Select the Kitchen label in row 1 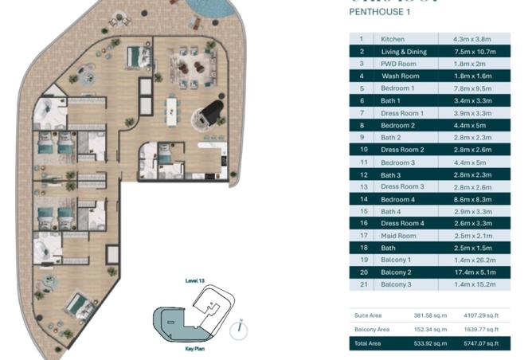(393, 38)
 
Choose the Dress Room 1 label (402, 112)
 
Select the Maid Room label (398, 235)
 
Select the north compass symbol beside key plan (242, 326)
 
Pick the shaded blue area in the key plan (169, 325)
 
